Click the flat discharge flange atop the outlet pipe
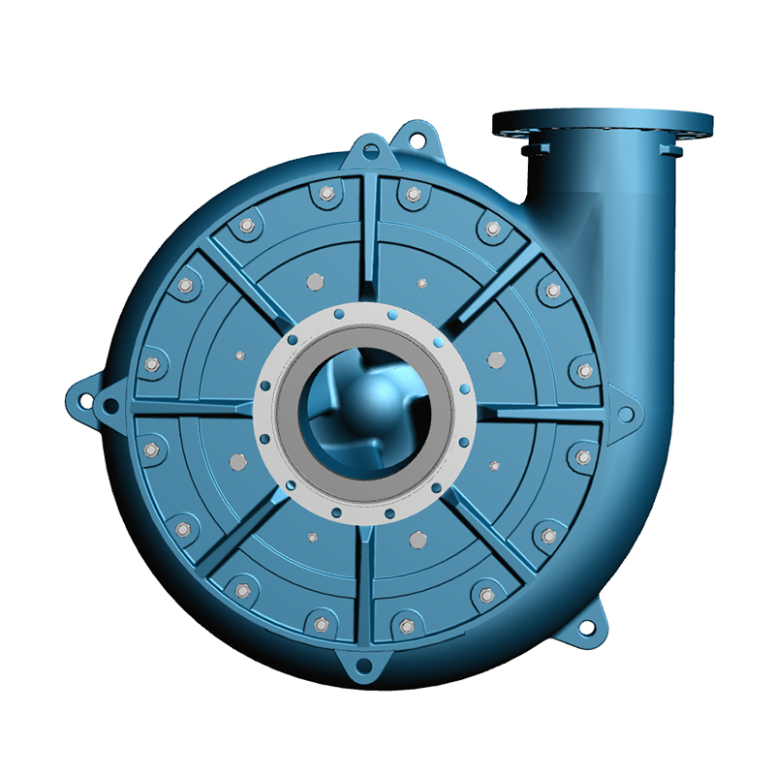[x=602, y=123]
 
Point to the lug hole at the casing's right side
[x=626, y=415]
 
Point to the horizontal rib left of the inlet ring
[x=194, y=414]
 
